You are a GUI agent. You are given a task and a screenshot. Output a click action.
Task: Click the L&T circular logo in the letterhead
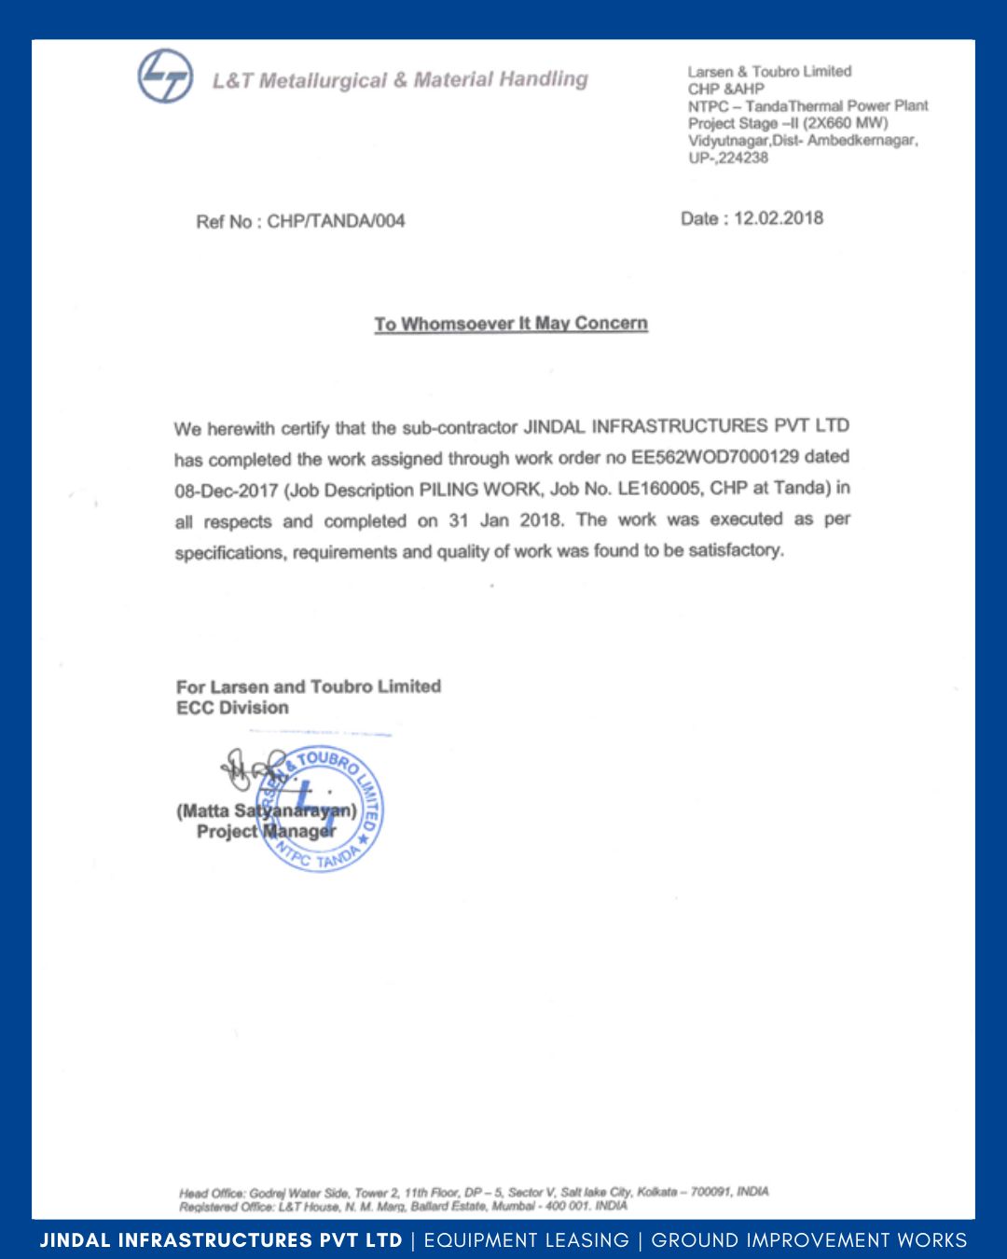click(165, 76)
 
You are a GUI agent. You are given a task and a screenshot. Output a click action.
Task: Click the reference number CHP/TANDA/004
click(336, 221)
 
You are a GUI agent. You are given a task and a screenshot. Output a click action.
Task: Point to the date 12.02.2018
click(779, 218)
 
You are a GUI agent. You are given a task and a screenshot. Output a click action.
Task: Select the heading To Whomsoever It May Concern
click(511, 324)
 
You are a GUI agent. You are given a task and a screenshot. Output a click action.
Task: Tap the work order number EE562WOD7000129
click(715, 457)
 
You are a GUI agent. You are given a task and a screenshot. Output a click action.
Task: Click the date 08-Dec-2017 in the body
click(227, 491)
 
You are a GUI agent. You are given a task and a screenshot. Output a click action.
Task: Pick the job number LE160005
click(659, 488)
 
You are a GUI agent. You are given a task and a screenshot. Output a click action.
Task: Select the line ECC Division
click(232, 708)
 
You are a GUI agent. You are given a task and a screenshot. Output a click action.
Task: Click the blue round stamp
click(320, 809)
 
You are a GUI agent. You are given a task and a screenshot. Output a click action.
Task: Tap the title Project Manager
click(266, 831)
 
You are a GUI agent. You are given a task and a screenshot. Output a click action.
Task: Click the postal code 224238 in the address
click(743, 158)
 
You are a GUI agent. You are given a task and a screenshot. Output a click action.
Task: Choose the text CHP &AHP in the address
click(725, 89)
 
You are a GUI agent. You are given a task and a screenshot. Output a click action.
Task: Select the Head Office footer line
click(474, 1192)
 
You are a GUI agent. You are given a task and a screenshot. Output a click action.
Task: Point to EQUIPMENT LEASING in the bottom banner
click(527, 1240)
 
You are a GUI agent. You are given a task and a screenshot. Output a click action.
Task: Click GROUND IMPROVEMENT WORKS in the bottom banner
click(808, 1240)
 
